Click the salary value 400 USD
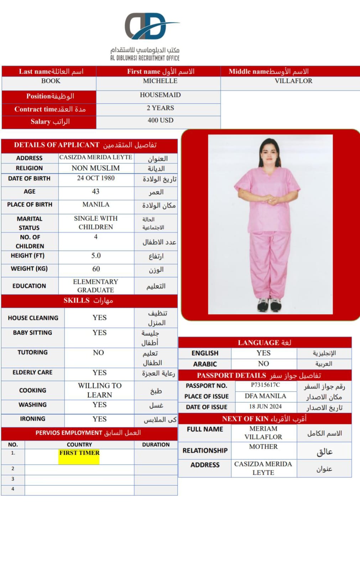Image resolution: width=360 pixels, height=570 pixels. tap(160, 120)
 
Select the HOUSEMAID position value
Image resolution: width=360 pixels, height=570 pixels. tap(160, 95)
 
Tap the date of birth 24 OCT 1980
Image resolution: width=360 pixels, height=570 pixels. tap(96, 178)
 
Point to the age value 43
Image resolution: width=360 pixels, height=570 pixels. tap(96, 192)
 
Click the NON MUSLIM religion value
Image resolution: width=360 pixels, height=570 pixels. tap(96, 168)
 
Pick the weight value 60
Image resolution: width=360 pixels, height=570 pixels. tap(96, 269)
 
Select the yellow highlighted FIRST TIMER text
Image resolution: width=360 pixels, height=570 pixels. tap(79, 453)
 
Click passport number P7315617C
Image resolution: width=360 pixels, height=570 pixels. tap(265, 385)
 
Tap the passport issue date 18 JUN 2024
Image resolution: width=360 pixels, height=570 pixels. tap(265, 406)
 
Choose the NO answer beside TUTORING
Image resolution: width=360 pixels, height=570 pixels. tap(99, 353)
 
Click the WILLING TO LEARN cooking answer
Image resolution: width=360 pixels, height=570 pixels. tap(100, 390)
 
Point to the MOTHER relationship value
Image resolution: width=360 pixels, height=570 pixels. tap(263, 447)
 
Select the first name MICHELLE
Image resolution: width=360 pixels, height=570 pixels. tap(160, 81)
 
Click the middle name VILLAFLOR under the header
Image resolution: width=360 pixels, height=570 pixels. tap(293, 81)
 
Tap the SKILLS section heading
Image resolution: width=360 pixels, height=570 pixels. tap(88, 301)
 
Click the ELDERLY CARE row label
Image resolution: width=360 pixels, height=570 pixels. tap(32, 373)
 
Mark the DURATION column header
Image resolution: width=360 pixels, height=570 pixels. tap(156, 445)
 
